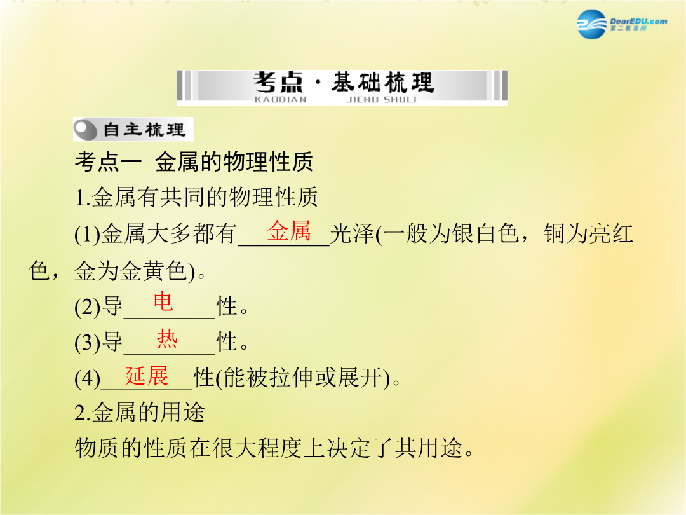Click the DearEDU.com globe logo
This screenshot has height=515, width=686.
591,24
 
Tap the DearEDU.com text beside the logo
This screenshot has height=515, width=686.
638,21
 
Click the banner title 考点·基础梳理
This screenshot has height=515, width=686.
344,82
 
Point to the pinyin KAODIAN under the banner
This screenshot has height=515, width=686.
281,100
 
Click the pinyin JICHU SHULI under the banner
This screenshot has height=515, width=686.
381,100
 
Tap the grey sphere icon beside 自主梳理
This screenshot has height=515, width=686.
85,130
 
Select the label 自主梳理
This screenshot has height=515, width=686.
144,130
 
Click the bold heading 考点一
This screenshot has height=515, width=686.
107,161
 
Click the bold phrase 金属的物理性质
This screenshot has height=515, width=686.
234,161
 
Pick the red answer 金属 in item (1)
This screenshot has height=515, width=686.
289,231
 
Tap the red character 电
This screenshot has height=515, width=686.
163,302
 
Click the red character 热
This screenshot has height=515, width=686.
167,339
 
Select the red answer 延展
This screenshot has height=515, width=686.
147,376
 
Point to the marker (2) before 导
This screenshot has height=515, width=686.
88,306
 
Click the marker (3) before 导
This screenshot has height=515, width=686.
88,343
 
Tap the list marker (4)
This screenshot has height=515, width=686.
88,378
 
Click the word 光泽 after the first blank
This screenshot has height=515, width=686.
353,233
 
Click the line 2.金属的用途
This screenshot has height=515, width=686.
140,413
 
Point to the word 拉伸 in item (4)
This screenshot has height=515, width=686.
292,378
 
